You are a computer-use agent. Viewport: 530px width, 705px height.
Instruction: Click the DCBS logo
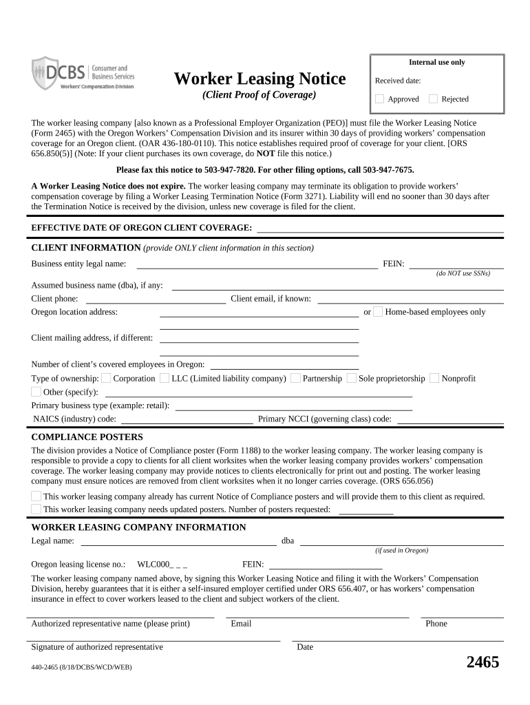(x=83, y=73)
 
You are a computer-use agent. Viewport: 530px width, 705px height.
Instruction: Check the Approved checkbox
(x=379, y=98)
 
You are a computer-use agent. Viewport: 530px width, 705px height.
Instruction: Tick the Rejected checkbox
(x=433, y=98)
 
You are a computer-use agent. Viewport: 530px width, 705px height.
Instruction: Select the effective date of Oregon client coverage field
(x=380, y=227)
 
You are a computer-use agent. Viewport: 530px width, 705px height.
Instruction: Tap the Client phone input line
(x=155, y=298)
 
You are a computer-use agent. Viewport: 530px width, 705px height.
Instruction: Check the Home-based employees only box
(x=378, y=312)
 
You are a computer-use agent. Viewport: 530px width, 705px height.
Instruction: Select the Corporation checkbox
(x=106, y=378)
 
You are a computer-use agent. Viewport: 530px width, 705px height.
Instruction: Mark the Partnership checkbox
(x=295, y=378)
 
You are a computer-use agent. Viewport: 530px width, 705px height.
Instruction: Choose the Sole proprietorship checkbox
(x=352, y=378)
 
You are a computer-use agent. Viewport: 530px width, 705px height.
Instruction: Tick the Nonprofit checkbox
(x=434, y=378)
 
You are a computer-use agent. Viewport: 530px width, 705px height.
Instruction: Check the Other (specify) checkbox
(x=36, y=392)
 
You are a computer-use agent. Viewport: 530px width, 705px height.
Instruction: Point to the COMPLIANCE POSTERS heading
(x=87, y=436)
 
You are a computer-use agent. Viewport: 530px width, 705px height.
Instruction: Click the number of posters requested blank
(x=366, y=509)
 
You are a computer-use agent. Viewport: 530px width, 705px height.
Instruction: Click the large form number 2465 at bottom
(x=483, y=662)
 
